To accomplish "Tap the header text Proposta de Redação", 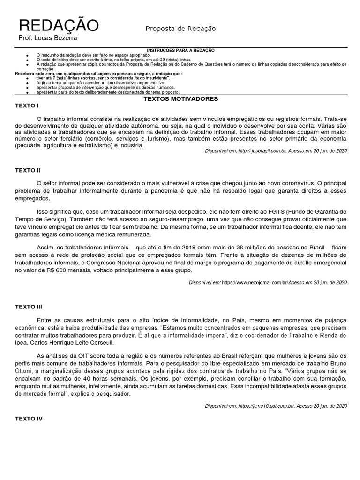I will click(x=180, y=29).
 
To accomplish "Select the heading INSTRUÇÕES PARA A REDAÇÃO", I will click(x=180, y=50).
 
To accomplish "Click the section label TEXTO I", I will click(x=27, y=106).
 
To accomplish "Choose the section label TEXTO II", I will click(x=28, y=170).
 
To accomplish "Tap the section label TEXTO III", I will click(x=29, y=307).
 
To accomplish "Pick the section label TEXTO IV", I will click(x=29, y=418).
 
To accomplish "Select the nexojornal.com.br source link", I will click(x=254, y=282).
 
